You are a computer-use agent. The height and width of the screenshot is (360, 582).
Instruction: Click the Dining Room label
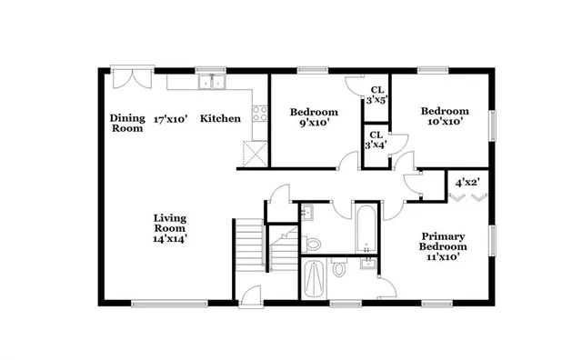(x=127, y=123)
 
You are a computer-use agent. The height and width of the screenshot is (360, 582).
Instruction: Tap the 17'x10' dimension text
(x=169, y=118)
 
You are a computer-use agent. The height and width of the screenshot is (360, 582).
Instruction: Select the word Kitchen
(x=220, y=118)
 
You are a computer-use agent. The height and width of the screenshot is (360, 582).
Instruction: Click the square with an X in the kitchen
(x=254, y=155)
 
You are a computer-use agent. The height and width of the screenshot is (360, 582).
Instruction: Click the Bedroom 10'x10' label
(x=445, y=115)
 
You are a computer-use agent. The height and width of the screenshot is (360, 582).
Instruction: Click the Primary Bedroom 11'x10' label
(x=443, y=245)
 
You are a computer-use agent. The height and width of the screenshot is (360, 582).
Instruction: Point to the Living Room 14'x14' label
(x=170, y=226)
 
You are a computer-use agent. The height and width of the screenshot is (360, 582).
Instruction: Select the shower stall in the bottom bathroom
(x=315, y=279)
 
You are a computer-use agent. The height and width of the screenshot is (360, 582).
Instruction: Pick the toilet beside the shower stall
(x=339, y=269)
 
